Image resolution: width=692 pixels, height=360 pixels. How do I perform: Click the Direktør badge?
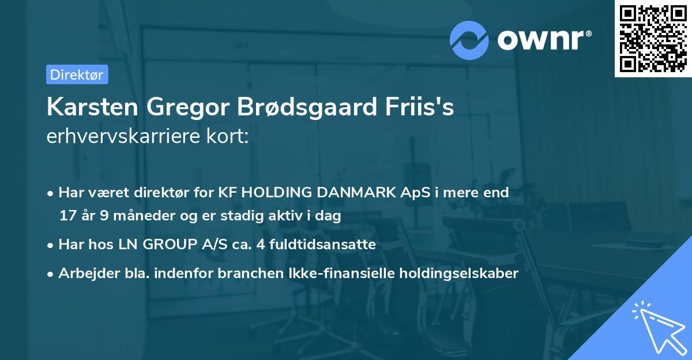click(77, 74)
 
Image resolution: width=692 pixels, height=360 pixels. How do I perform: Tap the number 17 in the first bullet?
click(67, 216)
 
